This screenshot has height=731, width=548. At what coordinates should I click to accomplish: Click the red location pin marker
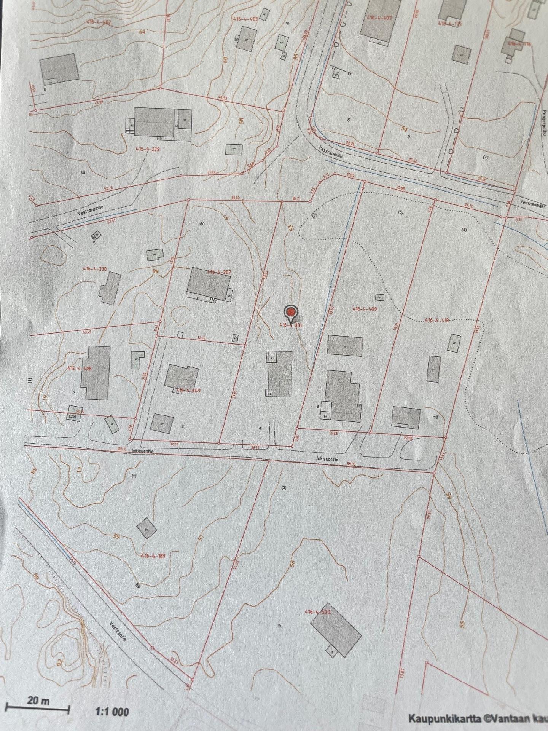click(x=291, y=313)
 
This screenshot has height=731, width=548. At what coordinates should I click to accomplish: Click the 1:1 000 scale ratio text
click(x=112, y=711)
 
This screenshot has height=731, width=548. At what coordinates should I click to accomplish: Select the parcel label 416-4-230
click(x=95, y=269)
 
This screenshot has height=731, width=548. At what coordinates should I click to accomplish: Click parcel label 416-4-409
click(x=365, y=309)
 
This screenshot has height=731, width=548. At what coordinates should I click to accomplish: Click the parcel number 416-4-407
click(x=379, y=18)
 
